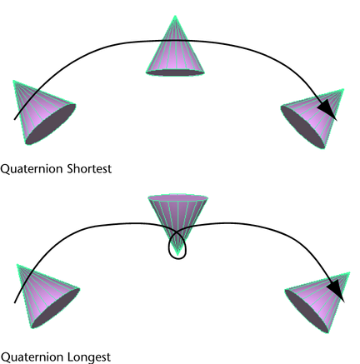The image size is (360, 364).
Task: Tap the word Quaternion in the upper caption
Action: (x=32, y=169)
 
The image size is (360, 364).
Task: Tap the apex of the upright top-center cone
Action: (x=175, y=16)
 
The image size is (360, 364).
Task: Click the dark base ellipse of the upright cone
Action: (x=175, y=72)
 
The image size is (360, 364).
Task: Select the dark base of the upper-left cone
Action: (x=51, y=124)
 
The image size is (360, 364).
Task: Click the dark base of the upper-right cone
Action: (x=302, y=127)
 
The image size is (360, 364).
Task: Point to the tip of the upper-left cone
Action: (x=14, y=81)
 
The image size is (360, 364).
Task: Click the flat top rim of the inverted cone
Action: (x=177, y=197)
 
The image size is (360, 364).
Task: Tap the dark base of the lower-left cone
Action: (x=55, y=309)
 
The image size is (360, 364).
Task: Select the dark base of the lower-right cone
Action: (x=307, y=311)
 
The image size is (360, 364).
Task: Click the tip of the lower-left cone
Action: (x=17, y=265)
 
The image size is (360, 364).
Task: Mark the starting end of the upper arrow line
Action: (x=15, y=119)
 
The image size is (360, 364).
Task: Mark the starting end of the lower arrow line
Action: (x=15, y=302)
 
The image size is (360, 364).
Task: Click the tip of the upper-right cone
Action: (x=343, y=89)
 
